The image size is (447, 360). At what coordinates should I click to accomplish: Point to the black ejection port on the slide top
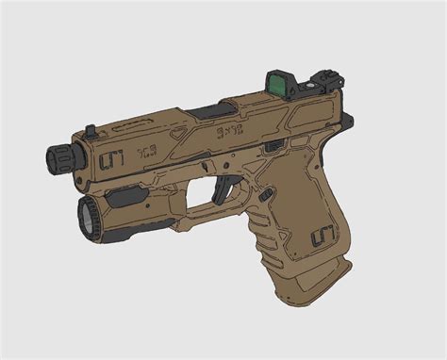(x=213, y=111)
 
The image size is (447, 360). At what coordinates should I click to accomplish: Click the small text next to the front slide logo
(x=145, y=151)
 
